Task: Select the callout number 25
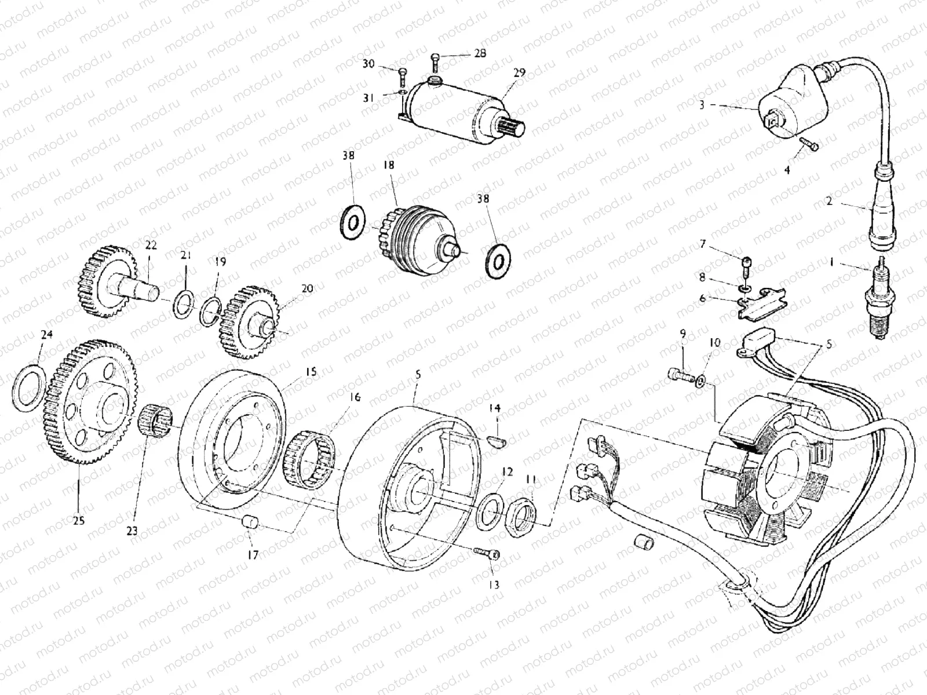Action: [79, 521]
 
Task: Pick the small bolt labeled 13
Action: [486, 554]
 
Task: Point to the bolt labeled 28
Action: [435, 59]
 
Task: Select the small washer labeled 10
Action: [702, 381]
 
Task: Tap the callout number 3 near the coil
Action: [702, 105]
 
